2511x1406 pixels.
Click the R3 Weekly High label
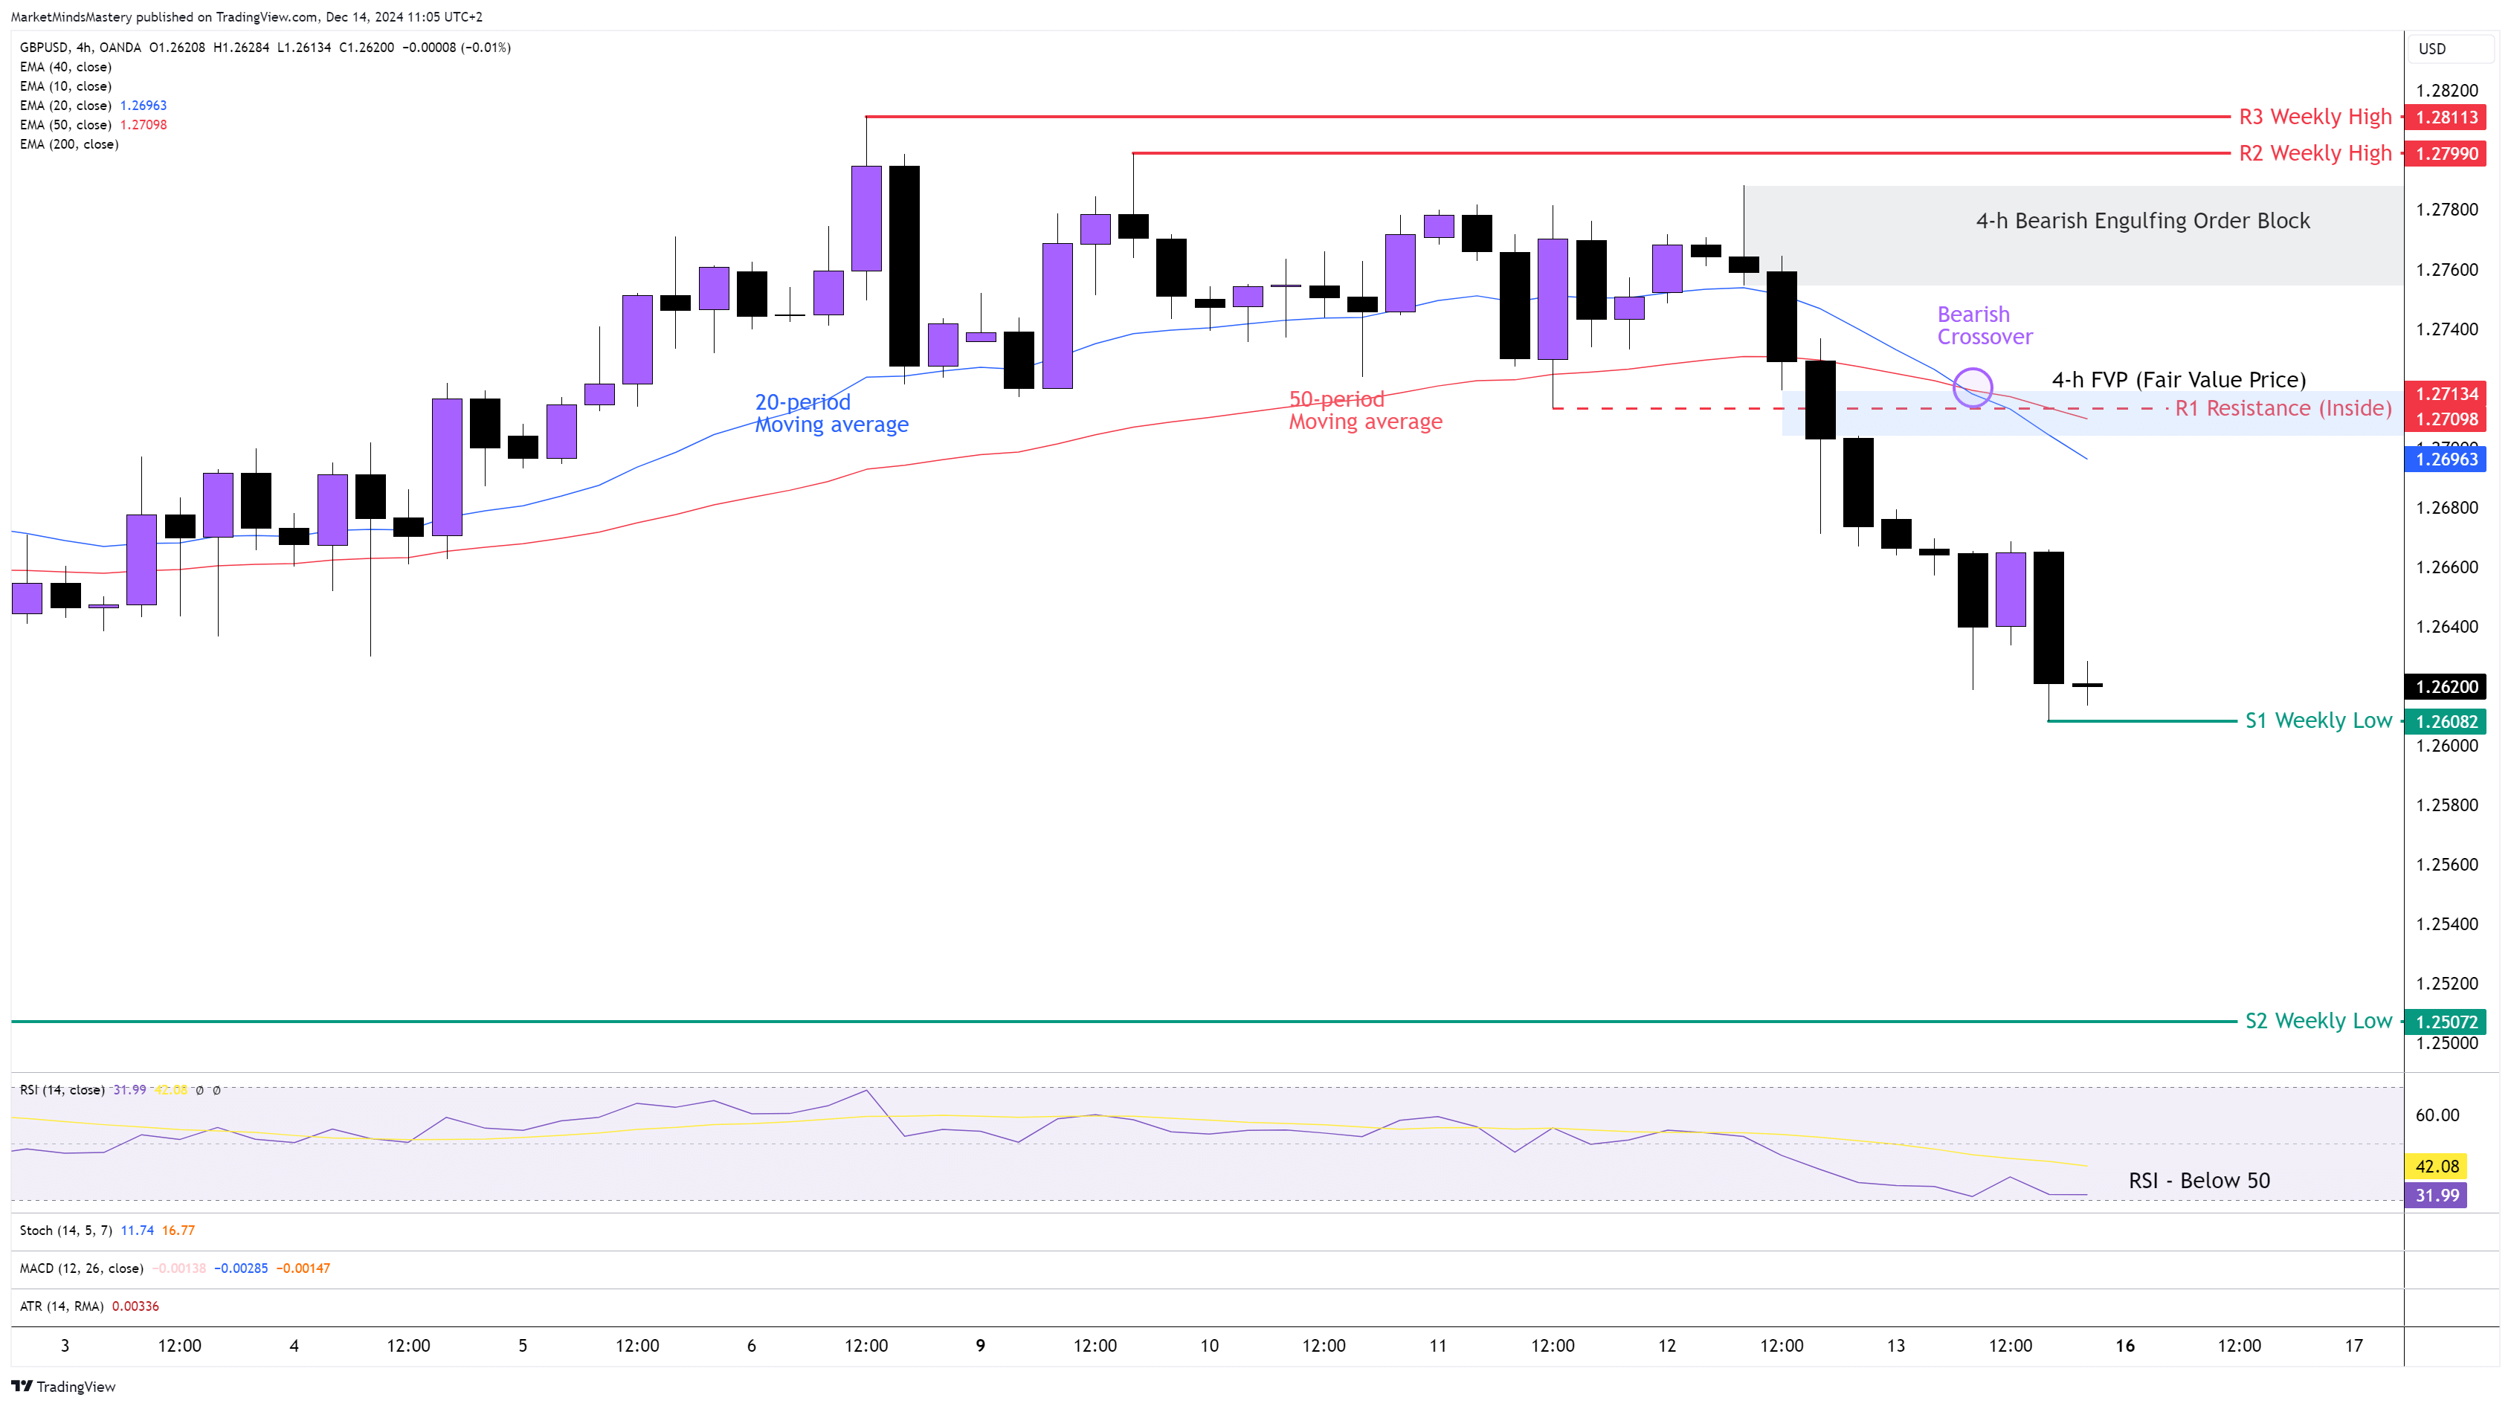pos(2314,117)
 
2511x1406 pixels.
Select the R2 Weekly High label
pos(2314,153)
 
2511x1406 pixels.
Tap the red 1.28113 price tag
pos(2446,117)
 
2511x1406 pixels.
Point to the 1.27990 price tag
pos(2446,153)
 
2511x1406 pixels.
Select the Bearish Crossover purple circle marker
pos(1973,387)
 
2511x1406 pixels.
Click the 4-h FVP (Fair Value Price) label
pos(2179,379)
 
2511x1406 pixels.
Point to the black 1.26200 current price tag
pos(2446,686)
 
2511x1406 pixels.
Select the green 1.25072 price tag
pos(2446,1022)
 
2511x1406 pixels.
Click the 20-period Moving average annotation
pos(831,413)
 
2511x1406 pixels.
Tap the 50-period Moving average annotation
pos(1364,410)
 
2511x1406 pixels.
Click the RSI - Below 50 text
pos(2199,1181)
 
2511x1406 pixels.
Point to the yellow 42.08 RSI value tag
pos(2437,1166)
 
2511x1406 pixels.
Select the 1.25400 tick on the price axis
pos(2446,923)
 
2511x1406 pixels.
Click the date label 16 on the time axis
pos(2125,1346)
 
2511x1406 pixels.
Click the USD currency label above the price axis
pos(2432,49)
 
